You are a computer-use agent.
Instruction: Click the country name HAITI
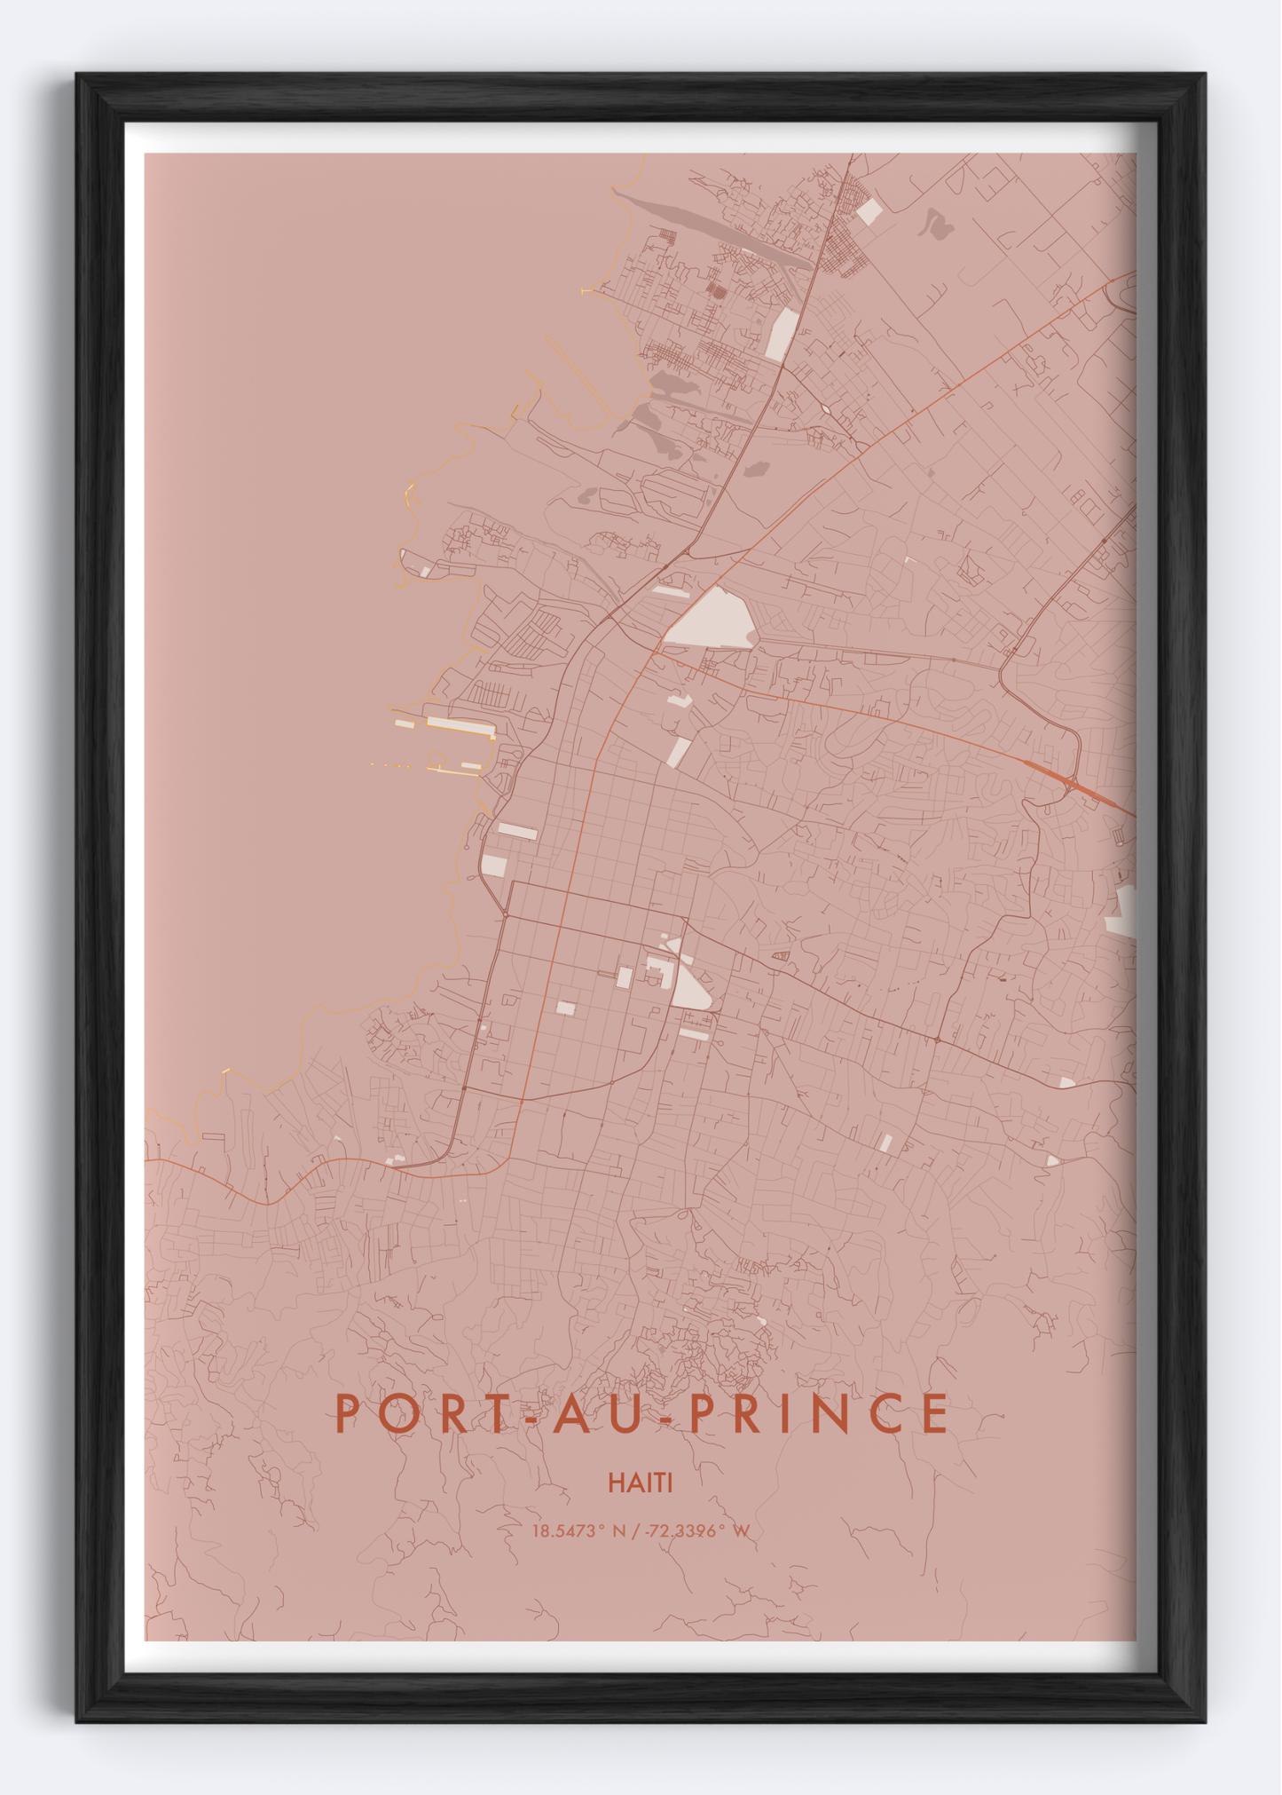[x=641, y=1483]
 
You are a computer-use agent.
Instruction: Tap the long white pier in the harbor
[x=460, y=727]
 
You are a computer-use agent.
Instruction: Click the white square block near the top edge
[x=869, y=212]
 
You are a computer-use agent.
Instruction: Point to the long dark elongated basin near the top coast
[x=710, y=228]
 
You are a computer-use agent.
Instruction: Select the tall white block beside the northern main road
[x=782, y=335]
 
